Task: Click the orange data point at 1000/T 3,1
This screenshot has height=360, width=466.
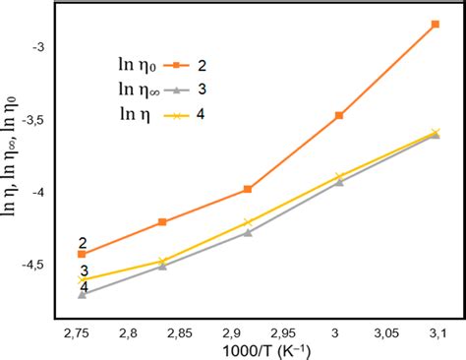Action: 435,24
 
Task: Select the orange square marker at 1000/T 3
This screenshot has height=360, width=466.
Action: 339,115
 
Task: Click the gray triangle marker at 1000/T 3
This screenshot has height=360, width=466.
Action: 339,182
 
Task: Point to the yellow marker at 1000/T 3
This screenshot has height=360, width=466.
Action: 339,176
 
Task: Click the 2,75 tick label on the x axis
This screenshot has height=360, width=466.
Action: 82,333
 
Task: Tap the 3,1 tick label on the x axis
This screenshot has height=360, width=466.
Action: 436,333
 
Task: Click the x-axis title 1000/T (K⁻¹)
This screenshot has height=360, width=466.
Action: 260,351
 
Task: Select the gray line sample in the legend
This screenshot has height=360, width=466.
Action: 175,90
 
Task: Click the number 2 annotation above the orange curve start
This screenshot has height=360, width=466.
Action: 83,242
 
